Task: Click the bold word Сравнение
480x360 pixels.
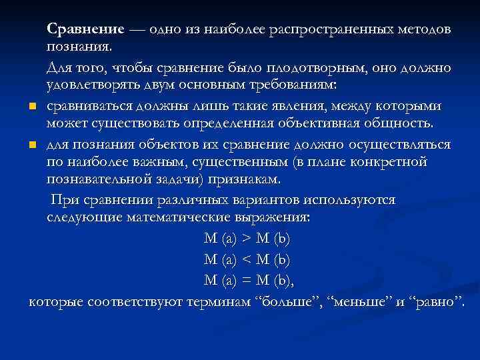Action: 85,30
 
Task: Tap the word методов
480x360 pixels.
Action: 425,30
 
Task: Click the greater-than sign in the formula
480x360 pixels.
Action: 245,239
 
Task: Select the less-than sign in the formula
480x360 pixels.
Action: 245,258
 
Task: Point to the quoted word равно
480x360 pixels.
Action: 437,303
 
